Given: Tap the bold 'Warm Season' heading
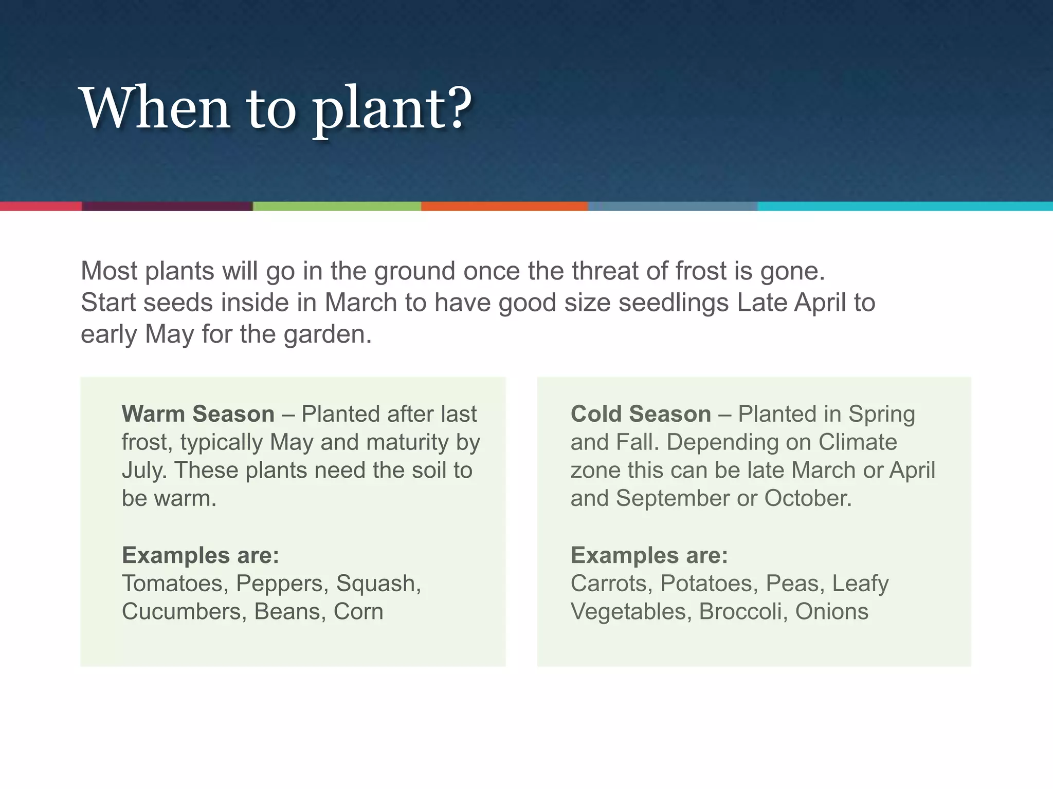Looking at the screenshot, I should [x=198, y=414].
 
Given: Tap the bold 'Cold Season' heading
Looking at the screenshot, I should [x=641, y=414].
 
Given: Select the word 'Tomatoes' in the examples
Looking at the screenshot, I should [x=175, y=584].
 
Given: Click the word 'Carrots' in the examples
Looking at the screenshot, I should [x=611, y=584].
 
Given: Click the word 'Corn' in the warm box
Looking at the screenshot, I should [x=358, y=612].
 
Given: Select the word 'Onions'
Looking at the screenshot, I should [x=831, y=612].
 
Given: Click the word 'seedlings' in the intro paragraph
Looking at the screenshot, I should [x=674, y=303].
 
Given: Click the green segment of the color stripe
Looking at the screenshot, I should [x=337, y=206].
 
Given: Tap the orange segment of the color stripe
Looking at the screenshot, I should [x=504, y=206].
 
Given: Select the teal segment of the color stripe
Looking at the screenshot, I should [x=905, y=206].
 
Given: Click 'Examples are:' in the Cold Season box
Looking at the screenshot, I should [x=649, y=555].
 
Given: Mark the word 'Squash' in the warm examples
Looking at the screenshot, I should [x=378, y=584].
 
